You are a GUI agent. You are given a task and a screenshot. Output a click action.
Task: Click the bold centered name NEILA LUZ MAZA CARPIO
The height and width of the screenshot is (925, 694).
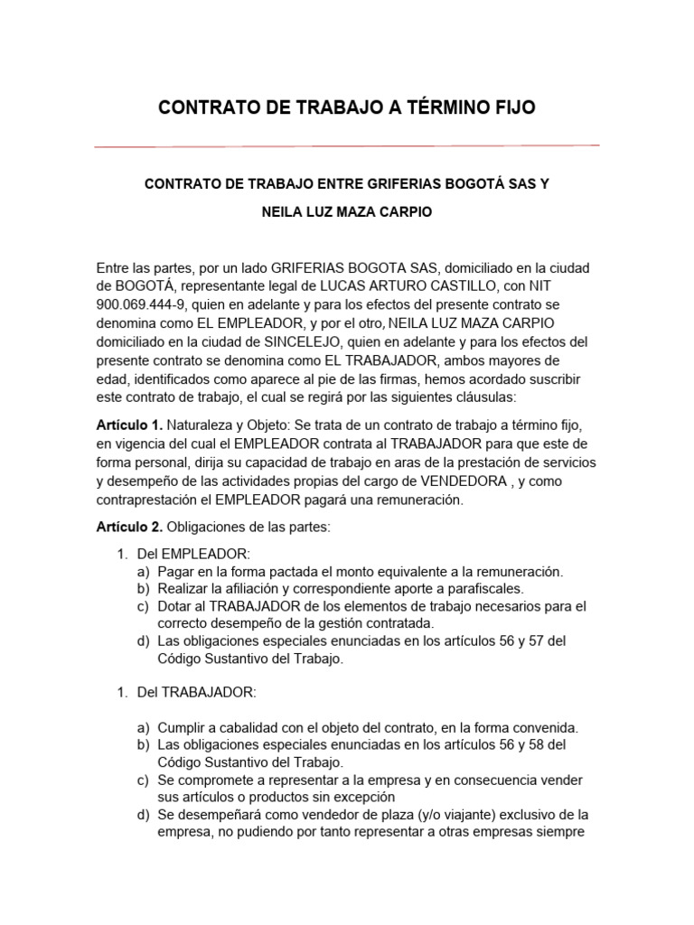tap(347, 213)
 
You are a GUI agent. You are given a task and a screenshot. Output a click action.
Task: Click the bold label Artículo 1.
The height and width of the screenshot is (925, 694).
tap(128, 425)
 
